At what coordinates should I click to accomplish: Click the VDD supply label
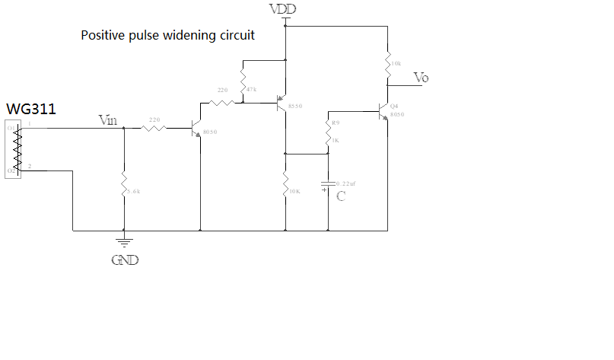click(x=283, y=9)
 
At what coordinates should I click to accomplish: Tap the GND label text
click(x=125, y=260)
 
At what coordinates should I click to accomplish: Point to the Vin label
click(x=110, y=119)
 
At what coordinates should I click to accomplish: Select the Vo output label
click(x=421, y=77)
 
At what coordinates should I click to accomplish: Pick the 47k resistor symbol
click(x=242, y=81)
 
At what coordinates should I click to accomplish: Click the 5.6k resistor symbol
click(x=123, y=185)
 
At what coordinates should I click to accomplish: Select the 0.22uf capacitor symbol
click(x=328, y=183)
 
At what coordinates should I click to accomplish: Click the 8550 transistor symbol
click(x=282, y=107)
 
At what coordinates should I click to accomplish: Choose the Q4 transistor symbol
click(x=383, y=111)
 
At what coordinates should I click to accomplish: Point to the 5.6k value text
click(x=134, y=192)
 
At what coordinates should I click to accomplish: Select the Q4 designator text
click(x=393, y=106)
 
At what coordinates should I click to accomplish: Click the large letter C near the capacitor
click(x=341, y=196)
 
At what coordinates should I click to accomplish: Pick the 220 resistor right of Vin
click(x=154, y=128)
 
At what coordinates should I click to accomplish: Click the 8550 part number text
click(x=295, y=106)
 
